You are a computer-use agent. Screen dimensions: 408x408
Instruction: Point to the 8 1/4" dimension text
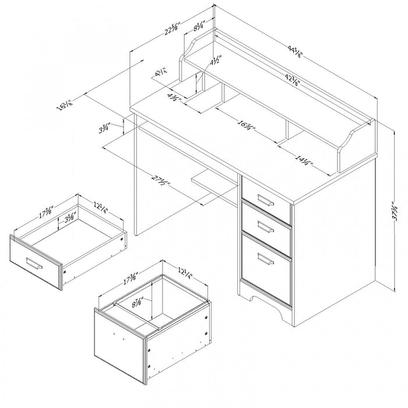(198, 26)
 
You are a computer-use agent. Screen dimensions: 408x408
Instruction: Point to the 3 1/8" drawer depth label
(70, 217)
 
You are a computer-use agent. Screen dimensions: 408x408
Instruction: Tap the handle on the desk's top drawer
(265, 201)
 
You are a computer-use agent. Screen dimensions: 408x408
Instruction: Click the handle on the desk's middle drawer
(265, 227)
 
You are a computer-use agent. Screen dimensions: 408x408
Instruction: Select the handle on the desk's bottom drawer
(266, 259)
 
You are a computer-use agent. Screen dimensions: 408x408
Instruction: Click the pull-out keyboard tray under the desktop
(213, 180)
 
